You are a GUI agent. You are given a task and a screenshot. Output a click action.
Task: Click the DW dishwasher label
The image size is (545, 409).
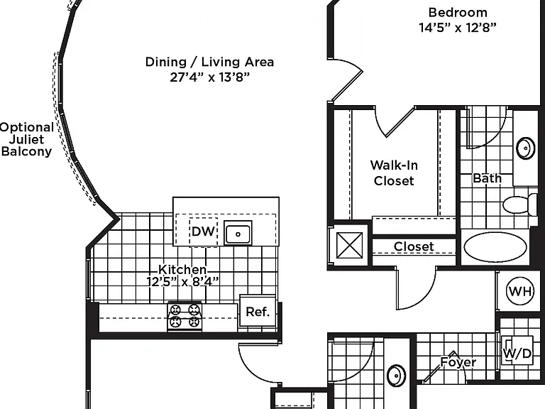(203, 231)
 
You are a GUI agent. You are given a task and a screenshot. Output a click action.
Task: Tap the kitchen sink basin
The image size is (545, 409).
(238, 234)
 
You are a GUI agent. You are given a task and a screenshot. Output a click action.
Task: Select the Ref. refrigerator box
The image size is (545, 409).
(258, 311)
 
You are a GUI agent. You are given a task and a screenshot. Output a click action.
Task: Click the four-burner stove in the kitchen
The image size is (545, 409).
(185, 316)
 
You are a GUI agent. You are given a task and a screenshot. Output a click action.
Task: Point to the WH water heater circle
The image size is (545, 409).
(520, 290)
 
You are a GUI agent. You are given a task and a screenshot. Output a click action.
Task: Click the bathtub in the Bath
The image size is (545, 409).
(495, 247)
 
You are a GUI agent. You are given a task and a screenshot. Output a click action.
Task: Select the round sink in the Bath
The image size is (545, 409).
(526, 148)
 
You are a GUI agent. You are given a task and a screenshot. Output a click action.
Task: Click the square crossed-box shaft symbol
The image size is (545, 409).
(350, 245)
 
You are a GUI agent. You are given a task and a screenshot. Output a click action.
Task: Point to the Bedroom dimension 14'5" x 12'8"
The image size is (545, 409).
(458, 28)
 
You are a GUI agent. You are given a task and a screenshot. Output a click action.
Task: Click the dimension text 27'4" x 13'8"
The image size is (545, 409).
(210, 77)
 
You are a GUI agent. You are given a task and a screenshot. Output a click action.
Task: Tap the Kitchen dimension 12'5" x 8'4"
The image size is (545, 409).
(183, 281)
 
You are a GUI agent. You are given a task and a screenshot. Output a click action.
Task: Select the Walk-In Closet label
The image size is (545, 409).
(394, 173)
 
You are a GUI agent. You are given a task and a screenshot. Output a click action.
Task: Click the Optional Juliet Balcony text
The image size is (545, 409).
(27, 139)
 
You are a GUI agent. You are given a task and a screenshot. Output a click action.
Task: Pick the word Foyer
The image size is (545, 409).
(458, 362)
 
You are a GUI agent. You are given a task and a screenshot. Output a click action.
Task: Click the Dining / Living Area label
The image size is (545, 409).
(209, 62)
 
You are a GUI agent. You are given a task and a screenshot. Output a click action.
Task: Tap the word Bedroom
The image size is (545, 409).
(458, 13)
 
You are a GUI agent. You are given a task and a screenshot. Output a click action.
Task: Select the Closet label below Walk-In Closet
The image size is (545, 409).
(414, 246)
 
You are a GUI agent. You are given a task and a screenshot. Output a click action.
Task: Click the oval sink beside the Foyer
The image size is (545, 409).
(396, 375)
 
